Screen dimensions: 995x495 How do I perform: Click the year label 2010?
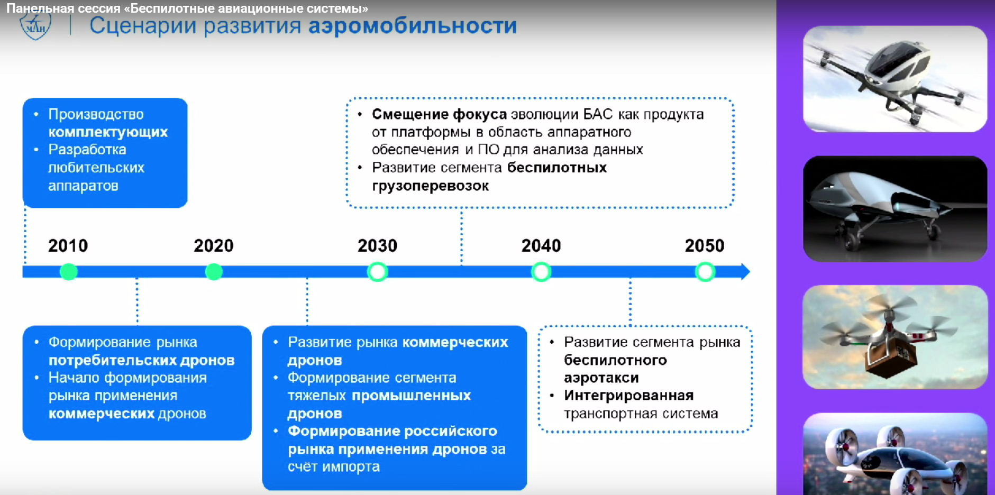point(68,245)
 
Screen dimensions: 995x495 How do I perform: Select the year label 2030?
point(377,245)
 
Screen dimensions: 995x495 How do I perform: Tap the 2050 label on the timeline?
point(705,245)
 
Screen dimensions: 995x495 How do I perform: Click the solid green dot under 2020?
point(214,272)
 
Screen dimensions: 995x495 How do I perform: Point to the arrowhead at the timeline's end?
point(745,272)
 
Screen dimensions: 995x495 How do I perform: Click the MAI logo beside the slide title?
point(35,25)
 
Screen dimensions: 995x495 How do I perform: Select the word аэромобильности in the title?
point(413,26)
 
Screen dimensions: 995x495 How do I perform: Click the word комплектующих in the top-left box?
point(108,132)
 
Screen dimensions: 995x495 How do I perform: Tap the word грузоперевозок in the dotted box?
point(430,186)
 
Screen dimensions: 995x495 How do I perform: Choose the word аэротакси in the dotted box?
point(601,378)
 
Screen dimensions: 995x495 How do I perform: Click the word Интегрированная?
point(628,396)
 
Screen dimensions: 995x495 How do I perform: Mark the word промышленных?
point(411,396)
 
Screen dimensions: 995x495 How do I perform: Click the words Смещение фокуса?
point(439,114)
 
